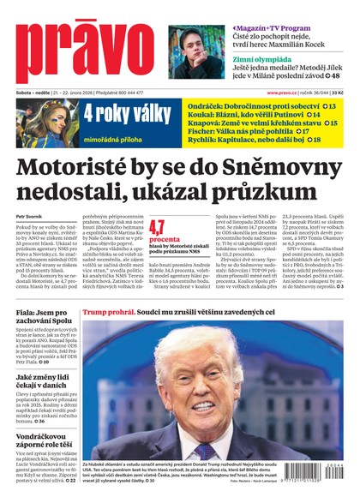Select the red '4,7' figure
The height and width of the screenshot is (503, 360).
pos(157,227)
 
